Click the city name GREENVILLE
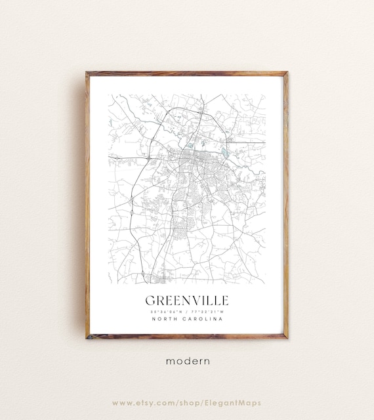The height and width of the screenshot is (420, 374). point(187,300)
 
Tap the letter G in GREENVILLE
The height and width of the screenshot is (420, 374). point(150,300)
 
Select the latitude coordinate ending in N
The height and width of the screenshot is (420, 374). point(168,311)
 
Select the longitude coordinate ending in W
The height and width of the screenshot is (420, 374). point(207,311)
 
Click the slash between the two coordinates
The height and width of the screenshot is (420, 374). point(188,311)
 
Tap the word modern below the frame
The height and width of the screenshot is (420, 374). point(187,360)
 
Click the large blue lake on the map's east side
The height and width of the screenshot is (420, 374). point(226,154)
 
